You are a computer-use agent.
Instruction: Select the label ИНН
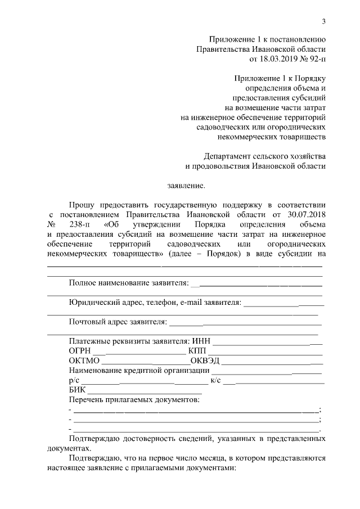click(x=201, y=341)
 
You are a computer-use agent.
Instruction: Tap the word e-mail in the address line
click(x=192, y=302)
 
